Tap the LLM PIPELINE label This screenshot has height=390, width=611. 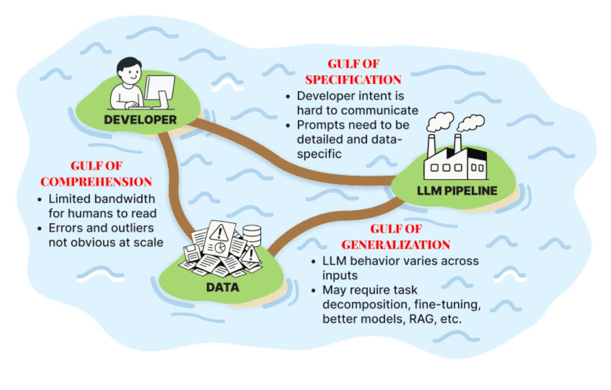[457, 191]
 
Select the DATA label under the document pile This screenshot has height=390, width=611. [223, 286]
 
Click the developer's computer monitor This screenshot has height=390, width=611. [159, 90]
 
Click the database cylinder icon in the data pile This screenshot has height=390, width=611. [252, 235]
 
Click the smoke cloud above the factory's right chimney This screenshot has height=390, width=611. [471, 122]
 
